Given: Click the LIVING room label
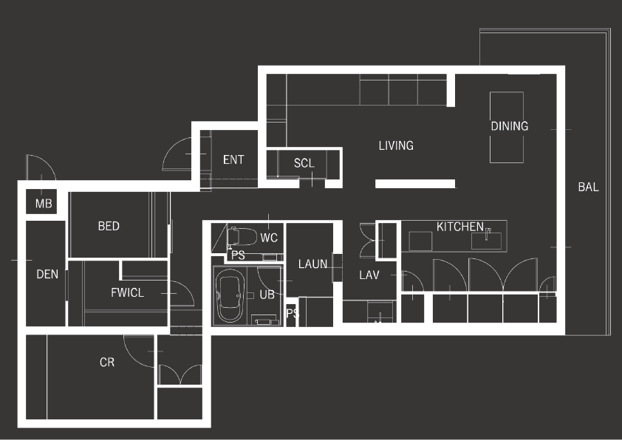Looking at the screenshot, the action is [396, 145].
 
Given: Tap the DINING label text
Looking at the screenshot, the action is [509, 126].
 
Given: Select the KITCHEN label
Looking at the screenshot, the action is [460, 227].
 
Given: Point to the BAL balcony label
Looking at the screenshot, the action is [588, 187].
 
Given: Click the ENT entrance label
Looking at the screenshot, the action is [233, 159].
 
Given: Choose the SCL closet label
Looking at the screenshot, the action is [304, 163].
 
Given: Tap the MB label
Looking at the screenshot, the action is [44, 204].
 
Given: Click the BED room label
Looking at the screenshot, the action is [109, 226].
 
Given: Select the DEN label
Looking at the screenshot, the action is [47, 274].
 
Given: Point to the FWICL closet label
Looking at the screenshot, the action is [127, 292].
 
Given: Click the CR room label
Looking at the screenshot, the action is [107, 362].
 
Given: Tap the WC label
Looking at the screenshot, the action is [269, 238].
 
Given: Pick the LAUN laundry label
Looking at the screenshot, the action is [312, 264].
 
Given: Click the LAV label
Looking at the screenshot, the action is [369, 275].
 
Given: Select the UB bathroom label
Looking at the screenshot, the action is [267, 295].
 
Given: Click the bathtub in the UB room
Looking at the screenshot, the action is [229, 295].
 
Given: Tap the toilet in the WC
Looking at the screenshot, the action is [242, 236].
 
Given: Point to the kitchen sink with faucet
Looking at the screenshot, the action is [486, 240].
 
